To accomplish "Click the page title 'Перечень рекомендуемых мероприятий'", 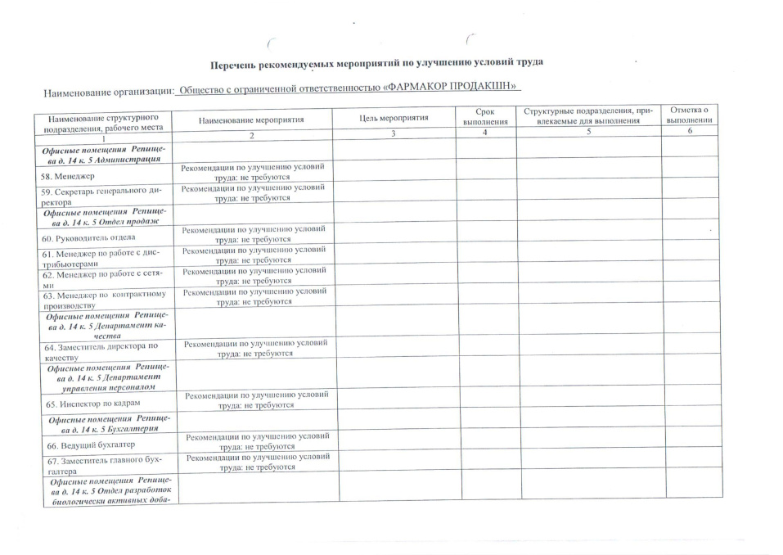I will click(376, 62).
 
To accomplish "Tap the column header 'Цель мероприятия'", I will click(394, 118).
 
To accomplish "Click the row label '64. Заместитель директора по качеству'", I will click(101, 352).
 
